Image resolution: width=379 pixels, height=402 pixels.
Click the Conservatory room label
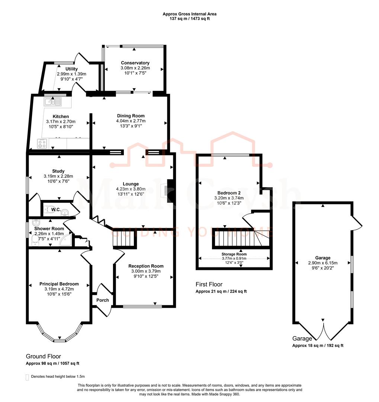click(135, 63)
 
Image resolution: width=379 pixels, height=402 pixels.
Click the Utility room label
click(71, 69)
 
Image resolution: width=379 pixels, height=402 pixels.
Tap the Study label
click(58, 171)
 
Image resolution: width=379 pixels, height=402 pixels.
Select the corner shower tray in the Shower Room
click(67, 240)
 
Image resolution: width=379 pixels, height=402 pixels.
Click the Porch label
click(103, 300)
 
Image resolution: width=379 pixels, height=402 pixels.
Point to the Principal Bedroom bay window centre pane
click(60, 339)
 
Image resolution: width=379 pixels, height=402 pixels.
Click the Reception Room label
click(146, 266)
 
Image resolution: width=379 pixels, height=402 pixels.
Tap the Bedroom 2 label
click(229, 193)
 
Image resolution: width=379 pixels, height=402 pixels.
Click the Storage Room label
click(234, 255)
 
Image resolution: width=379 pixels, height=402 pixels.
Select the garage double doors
click(323, 330)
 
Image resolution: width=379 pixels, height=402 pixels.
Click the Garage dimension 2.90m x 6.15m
click(323, 263)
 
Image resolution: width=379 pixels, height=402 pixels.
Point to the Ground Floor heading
click(43, 356)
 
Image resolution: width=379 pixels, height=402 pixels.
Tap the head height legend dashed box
click(27, 377)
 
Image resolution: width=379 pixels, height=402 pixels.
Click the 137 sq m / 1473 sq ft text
click(189, 19)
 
